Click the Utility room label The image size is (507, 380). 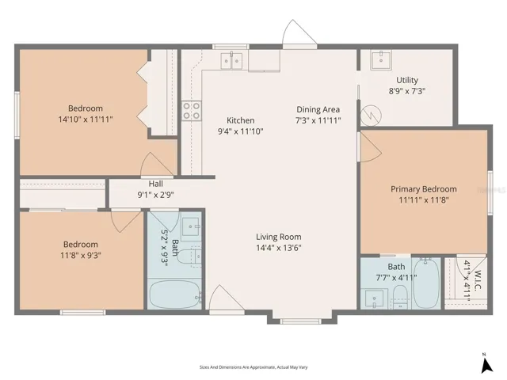pyautogui.click(x=407, y=80)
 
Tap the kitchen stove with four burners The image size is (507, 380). pyautogui.click(x=192, y=111)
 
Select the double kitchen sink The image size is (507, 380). pyautogui.click(x=231, y=61)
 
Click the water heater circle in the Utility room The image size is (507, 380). pyautogui.click(x=371, y=115)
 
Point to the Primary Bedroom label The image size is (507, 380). pyautogui.click(x=424, y=188)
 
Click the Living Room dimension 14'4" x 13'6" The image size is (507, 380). pyautogui.click(x=279, y=248)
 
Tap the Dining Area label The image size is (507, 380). pyautogui.click(x=318, y=109)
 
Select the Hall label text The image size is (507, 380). pyautogui.click(x=155, y=184)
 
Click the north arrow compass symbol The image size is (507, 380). pyautogui.click(x=486, y=364)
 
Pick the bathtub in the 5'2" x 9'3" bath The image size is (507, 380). pyautogui.click(x=174, y=294)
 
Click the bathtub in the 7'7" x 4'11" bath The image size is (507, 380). pyautogui.click(x=426, y=283)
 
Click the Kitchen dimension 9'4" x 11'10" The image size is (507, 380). pyautogui.click(x=241, y=131)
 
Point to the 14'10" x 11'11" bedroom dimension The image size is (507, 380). pyautogui.click(x=86, y=120)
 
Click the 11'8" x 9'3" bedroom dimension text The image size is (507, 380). pyautogui.click(x=81, y=255)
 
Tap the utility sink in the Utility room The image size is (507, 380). pyautogui.click(x=381, y=59)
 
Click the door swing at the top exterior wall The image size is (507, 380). pyautogui.click(x=299, y=32)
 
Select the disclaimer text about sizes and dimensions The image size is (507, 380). pyautogui.click(x=253, y=367)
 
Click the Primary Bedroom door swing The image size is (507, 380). pyautogui.click(x=371, y=147)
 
